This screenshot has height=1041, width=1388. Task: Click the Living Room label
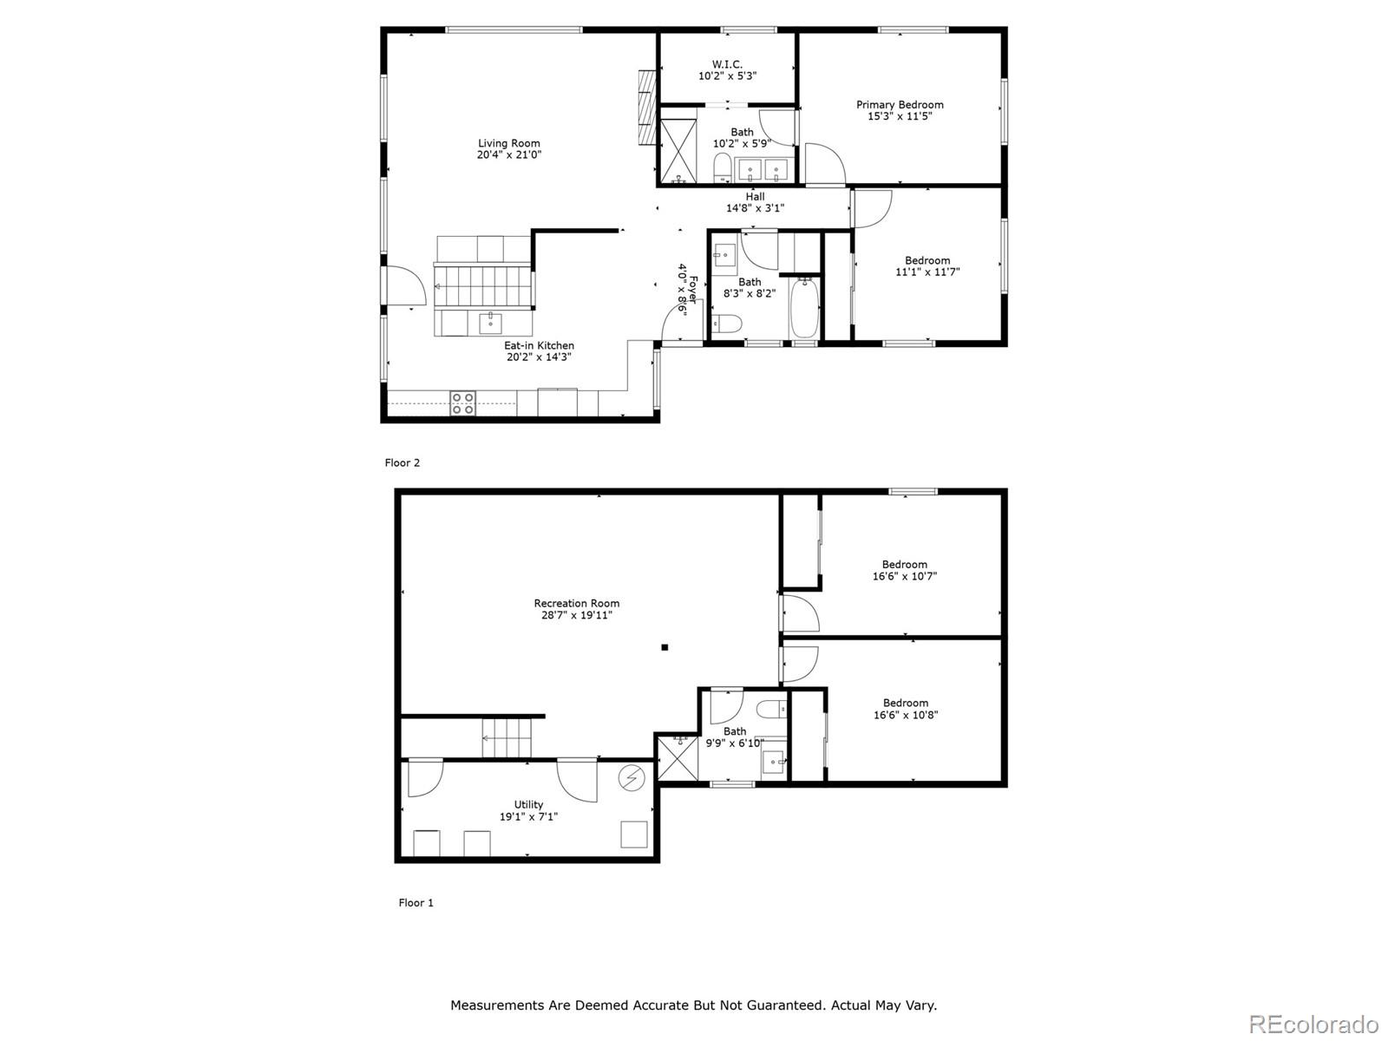point(509,144)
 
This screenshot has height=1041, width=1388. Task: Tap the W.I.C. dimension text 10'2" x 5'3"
point(727,76)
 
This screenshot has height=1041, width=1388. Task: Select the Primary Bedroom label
point(900,105)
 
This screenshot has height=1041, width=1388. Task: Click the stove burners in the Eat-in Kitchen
point(462,403)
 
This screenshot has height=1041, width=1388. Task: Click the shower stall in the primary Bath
point(678,150)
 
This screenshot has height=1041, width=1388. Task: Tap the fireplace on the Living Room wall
point(645,108)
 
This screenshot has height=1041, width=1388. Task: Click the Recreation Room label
point(577,604)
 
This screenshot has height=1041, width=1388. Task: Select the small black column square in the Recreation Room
point(665,647)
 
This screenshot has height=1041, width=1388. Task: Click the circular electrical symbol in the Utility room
point(630,779)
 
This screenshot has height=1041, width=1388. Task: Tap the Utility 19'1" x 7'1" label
point(528,810)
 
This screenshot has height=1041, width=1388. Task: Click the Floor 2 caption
point(403,463)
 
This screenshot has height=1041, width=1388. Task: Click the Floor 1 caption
point(416,903)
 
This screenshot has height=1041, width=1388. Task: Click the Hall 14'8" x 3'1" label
point(755,202)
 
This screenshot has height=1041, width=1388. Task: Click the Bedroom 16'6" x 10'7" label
point(905,570)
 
